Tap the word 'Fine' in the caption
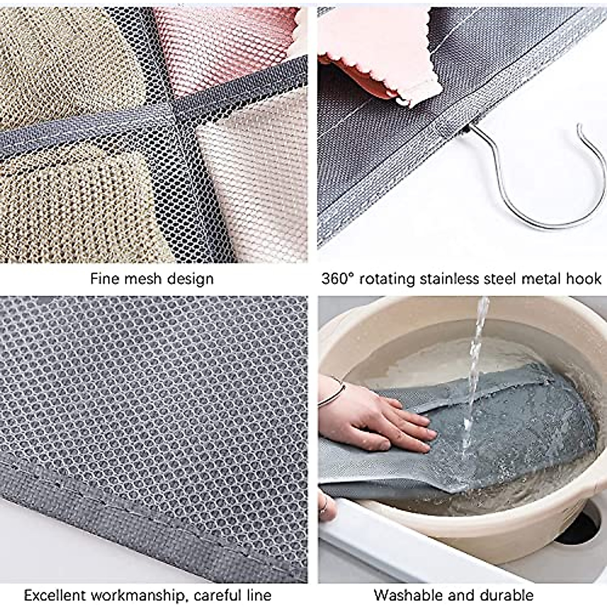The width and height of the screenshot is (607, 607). coord(105,279)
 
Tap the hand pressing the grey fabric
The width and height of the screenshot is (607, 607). coord(389,420)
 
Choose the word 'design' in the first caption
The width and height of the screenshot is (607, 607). coord(192,279)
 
